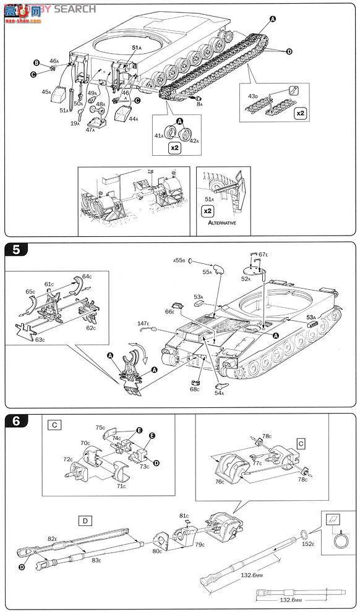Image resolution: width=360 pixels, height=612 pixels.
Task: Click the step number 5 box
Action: pyautogui.click(x=14, y=250)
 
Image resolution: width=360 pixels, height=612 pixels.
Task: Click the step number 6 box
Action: pyautogui.click(x=14, y=422)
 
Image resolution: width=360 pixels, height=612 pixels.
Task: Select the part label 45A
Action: pyautogui.click(x=46, y=91)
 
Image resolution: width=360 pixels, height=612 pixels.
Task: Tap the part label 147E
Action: pyautogui.click(x=144, y=323)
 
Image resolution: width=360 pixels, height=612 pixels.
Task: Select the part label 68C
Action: pyautogui.click(x=195, y=389)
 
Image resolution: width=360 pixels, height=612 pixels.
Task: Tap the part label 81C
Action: pyautogui.click(x=184, y=515)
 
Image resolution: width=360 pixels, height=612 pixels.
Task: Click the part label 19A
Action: pyautogui.click(x=74, y=123)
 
